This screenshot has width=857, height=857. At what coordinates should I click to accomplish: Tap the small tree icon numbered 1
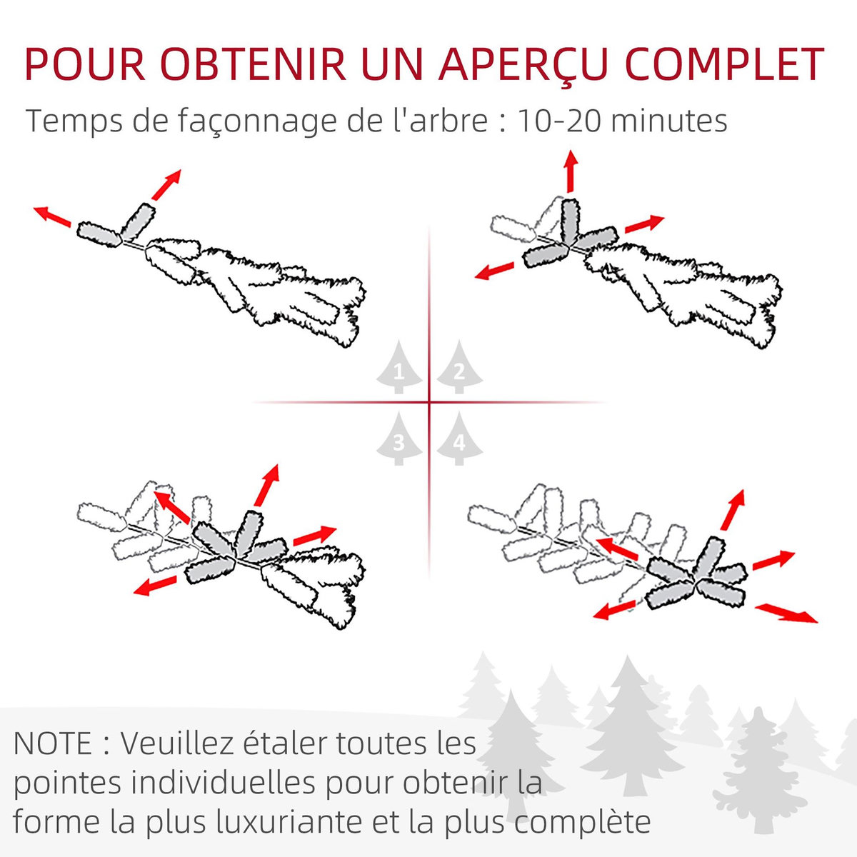[x=399, y=368]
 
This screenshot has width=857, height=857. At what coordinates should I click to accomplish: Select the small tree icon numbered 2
[x=459, y=368]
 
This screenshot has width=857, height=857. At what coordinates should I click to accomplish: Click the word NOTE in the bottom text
[x=53, y=743]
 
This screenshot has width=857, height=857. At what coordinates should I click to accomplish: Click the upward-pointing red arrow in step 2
[x=570, y=171]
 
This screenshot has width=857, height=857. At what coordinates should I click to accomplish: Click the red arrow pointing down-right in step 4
[x=786, y=613]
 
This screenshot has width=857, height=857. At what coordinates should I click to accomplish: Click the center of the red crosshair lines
[x=429, y=402]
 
